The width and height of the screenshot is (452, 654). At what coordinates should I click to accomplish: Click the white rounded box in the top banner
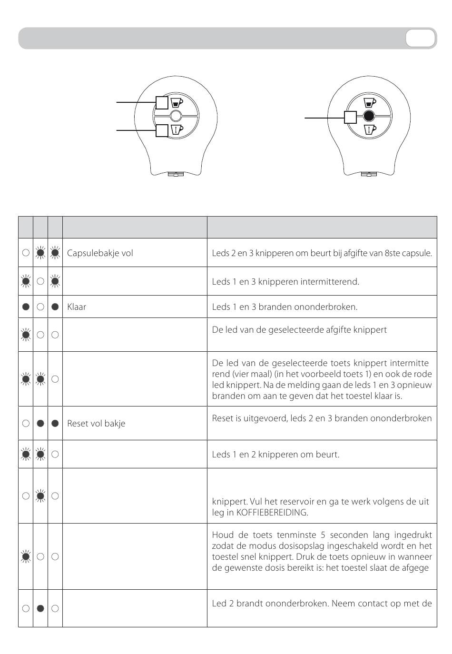tap(420, 38)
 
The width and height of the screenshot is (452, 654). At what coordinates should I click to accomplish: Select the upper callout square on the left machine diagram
tap(162, 102)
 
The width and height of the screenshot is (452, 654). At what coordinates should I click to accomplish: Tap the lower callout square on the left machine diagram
tap(162, 129)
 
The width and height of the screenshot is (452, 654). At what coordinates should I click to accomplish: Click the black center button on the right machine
tap(369, 116)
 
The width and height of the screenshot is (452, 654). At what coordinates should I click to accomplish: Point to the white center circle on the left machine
tap(176, 116)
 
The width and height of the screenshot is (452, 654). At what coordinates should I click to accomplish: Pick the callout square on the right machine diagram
tap(350, 117)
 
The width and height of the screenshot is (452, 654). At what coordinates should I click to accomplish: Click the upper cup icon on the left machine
tap(177, 102)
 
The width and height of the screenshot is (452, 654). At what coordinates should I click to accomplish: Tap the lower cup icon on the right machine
tap(370, 129)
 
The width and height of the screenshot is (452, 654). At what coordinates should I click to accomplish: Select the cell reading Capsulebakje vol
tap(100, 253)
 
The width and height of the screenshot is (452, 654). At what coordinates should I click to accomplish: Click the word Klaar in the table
tap(77, 307)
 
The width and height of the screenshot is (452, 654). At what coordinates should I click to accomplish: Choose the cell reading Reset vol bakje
tap(96, 423)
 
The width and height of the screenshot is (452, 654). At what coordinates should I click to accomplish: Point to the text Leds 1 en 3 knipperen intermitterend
tap(285, 281)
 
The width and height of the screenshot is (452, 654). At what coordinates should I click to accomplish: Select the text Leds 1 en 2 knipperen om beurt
tap(275, 454)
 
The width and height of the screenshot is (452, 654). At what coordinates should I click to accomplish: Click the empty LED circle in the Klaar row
tap(40, 307)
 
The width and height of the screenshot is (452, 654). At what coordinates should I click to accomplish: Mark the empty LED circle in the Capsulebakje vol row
tap(26, 253)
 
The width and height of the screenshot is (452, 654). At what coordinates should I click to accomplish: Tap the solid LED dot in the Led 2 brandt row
tap(40, 608)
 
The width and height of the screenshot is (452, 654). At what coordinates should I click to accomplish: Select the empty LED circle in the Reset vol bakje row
tap(26, 423)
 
